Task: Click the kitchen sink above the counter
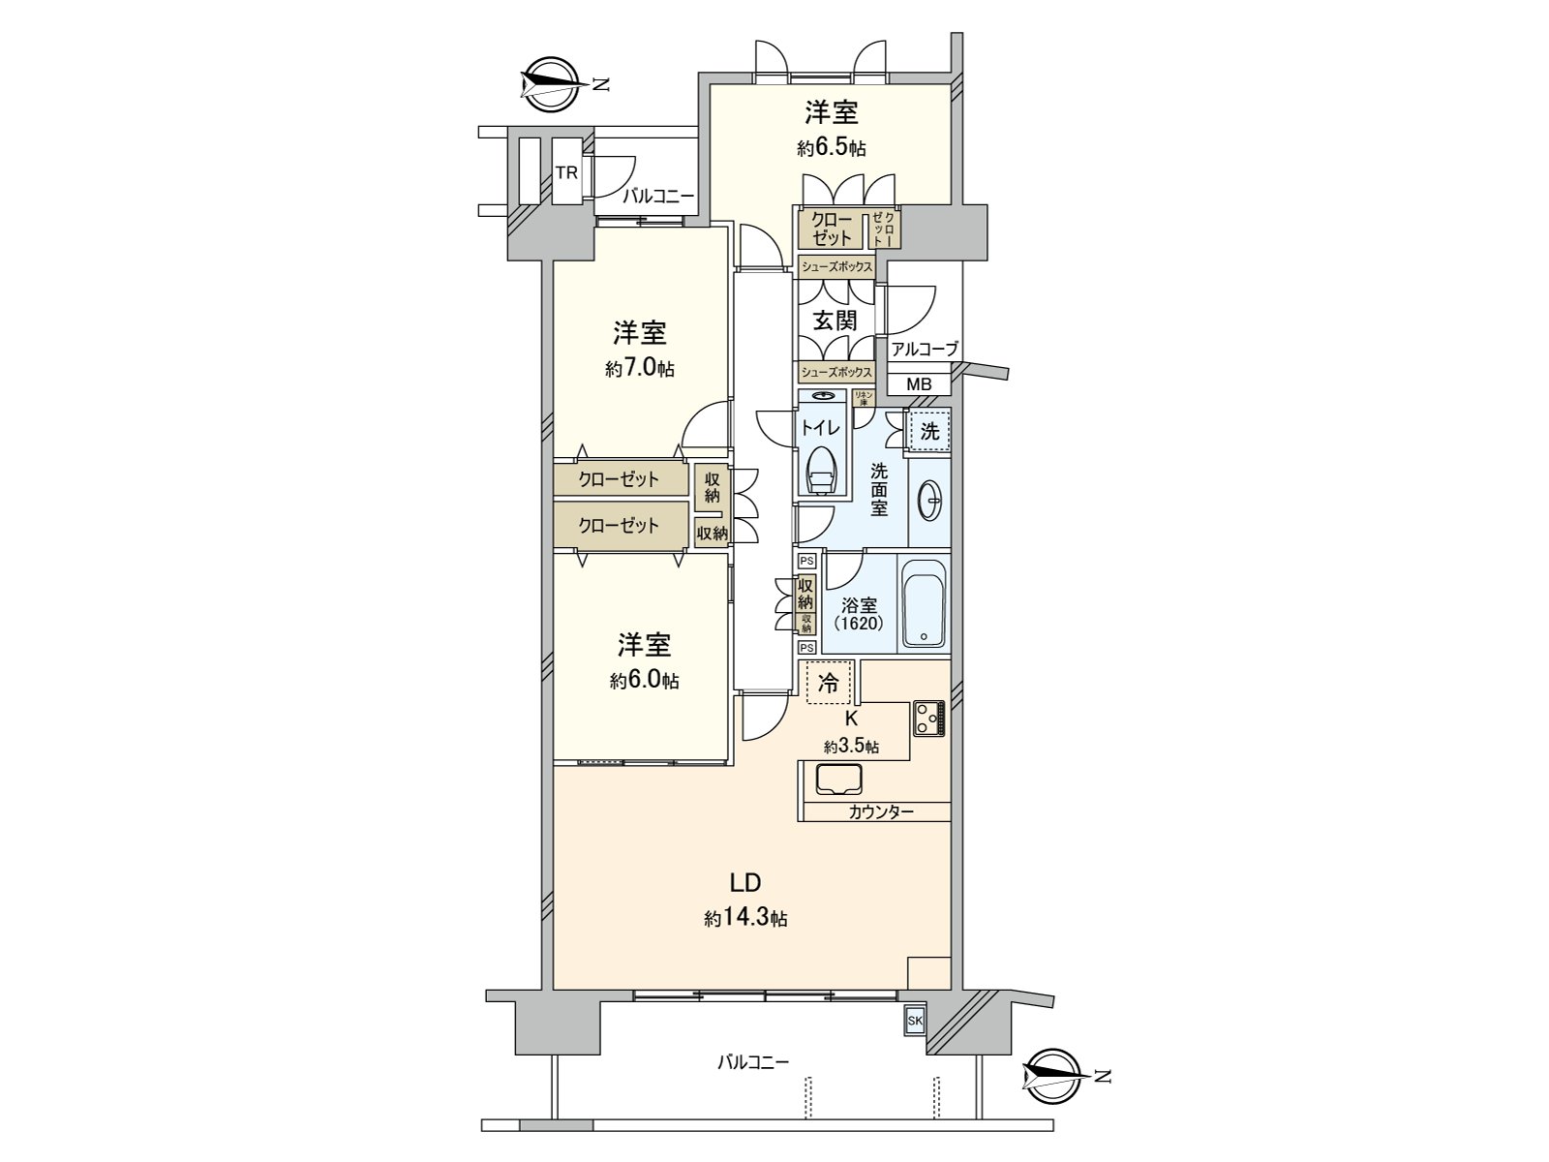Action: pos(839,780)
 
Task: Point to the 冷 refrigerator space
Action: pos(829,682)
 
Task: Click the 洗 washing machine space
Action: pos(929,432)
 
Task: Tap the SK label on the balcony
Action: pos(914,1022)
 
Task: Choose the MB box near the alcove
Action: pos(919,384)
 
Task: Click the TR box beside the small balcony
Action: pos(566,172)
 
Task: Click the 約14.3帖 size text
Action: pos(745,918)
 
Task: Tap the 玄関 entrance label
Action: pos(835,321)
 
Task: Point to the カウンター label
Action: pos(881,811)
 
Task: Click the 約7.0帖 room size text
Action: pos(640,369)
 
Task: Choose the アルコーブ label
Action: pos(925,350)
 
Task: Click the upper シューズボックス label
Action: pos(836,266)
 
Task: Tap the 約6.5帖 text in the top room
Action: pos(832,148)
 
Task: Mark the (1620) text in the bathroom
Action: pos(859,624)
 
